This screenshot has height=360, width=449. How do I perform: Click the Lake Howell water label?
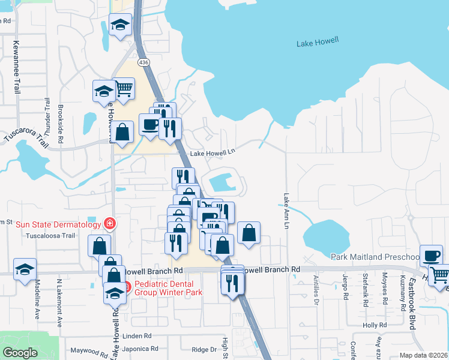click(x=318, y=42)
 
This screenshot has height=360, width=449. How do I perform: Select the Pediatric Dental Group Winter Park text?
click(x=169, y=288)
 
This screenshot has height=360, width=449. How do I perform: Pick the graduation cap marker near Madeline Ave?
click(x=25, y=269)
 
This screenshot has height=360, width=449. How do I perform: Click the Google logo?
click(x=20, y=353)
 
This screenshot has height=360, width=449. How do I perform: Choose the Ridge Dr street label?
click(x=203, y=349)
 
